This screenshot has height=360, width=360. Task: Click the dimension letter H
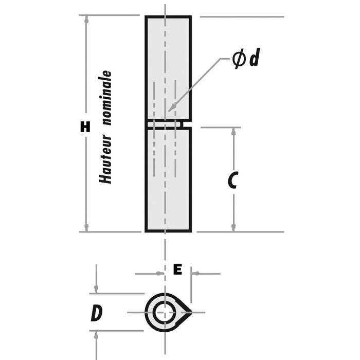tap(85, 127)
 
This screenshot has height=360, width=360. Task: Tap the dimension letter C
tap(232, 180)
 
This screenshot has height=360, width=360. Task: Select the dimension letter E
tap(177, 269)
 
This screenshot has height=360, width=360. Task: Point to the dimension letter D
tap(95, 313)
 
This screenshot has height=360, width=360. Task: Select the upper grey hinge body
tap(168, 67)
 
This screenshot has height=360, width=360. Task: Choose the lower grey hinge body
tap(168, 180)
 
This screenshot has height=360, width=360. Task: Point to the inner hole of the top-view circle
tap(165, 312)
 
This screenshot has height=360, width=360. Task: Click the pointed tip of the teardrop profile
tap(192, 312)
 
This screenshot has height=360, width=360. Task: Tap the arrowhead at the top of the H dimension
tap(86, 20)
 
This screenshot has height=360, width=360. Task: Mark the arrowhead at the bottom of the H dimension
tap(86, 228)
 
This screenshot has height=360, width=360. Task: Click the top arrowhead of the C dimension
tap(234, 131)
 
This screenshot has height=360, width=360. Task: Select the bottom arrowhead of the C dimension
tap(234, 228)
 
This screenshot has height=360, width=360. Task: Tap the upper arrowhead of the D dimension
tap(96, 290)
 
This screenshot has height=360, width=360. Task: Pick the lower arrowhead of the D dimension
tap(96, 335)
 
